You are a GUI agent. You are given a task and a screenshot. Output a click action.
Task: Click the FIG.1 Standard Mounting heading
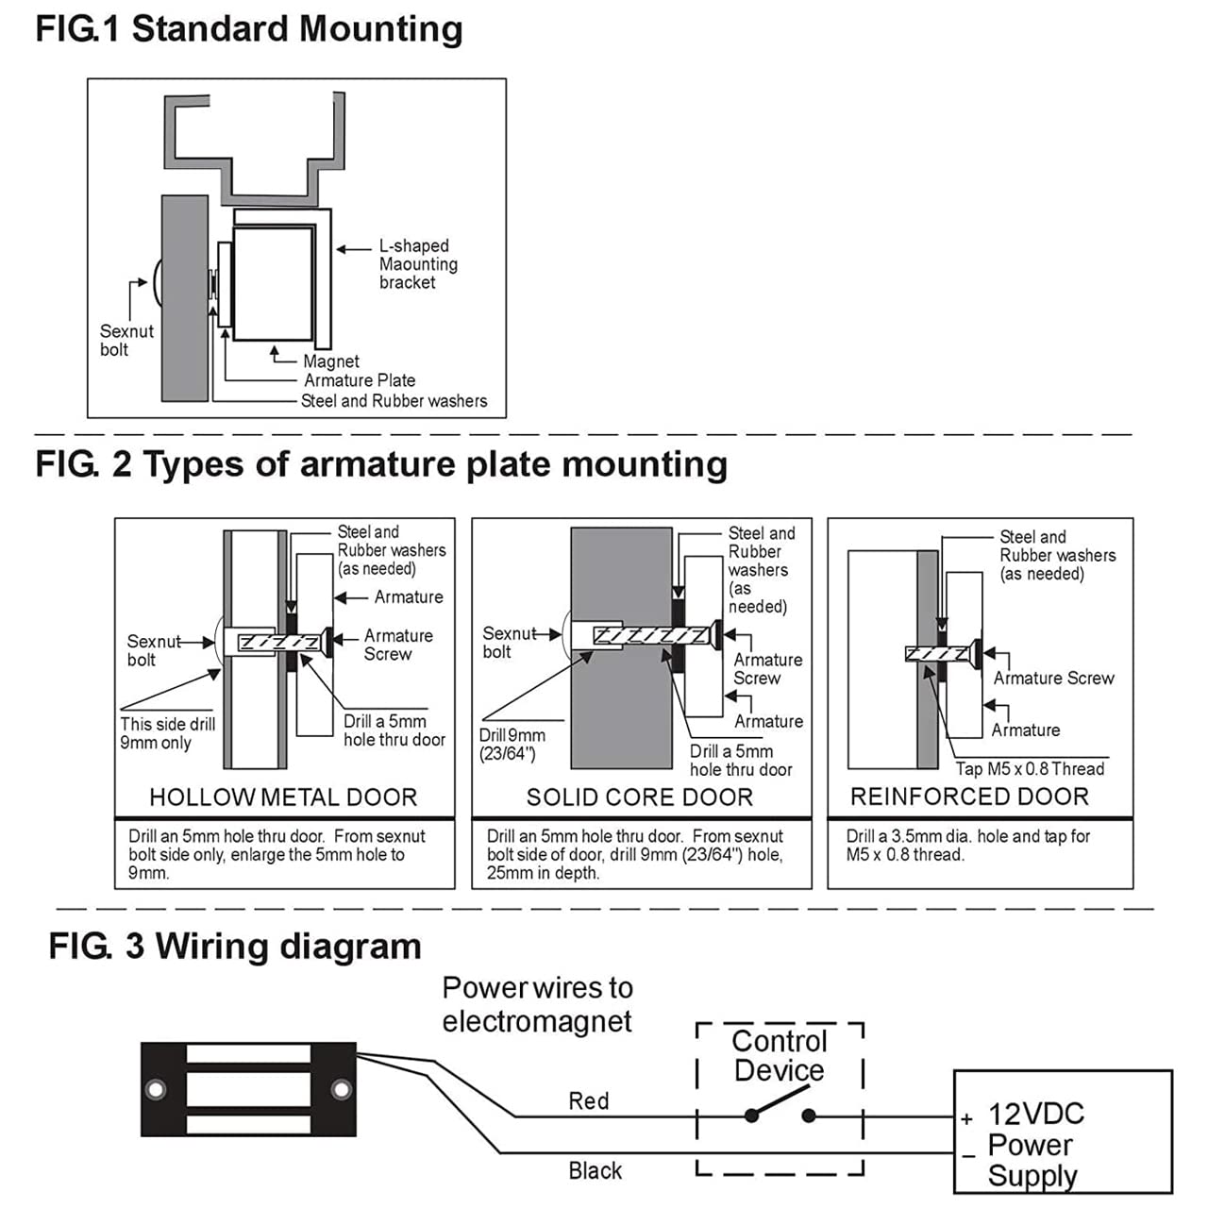pos(249,29)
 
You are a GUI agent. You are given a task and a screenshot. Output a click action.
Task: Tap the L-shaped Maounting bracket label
pos(417,264)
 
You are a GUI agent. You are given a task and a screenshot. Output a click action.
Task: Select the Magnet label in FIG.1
pos(331,361)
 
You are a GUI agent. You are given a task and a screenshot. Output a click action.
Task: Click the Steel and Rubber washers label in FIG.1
pos(394,401)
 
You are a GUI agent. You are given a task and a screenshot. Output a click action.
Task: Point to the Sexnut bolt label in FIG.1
pos(126,341)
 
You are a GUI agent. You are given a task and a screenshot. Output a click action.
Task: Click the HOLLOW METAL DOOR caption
pos(283,797)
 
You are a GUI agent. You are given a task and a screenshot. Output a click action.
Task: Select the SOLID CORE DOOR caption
pos(640,797)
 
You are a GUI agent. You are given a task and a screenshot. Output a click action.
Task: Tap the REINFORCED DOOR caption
pos(969,797)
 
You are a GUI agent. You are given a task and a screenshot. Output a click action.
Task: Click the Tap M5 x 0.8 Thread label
pos(1030,769)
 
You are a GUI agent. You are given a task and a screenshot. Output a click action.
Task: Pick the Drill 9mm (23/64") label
pos(512,745)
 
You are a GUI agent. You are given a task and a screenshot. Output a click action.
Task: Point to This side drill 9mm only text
pos(167,733)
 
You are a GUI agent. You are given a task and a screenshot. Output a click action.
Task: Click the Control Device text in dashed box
pos(780,1056)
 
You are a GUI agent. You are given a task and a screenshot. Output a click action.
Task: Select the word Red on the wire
pos(588,1101)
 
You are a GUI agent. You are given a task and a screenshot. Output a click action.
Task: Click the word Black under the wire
pos(595,1171)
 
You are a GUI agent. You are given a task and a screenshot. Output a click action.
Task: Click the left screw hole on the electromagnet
pos(155,1090)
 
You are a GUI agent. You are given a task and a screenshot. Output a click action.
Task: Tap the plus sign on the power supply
pos(966,1120)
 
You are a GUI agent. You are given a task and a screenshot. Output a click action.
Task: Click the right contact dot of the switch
pos(809,1116)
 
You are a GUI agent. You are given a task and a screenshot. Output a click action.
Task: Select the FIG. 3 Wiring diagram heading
pos(235,947)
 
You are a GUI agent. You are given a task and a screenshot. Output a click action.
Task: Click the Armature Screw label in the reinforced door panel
pos(1053,679)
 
